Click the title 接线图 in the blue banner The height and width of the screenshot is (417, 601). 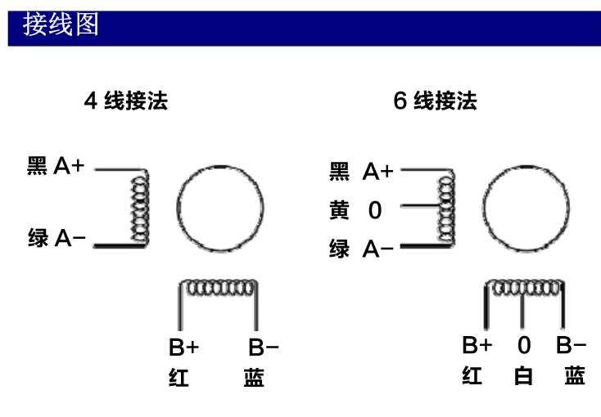61,25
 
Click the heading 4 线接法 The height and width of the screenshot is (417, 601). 126,101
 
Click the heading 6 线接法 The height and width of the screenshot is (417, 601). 435,101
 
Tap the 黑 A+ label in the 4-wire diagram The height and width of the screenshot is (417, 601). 56,165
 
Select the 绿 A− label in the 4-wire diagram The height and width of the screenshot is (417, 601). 56,238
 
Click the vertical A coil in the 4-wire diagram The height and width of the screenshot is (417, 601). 140,208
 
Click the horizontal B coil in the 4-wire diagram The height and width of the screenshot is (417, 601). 219,288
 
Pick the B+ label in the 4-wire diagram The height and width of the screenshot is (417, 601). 184,347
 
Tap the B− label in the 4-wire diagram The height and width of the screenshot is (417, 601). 264,347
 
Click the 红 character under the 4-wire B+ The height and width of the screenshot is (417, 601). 178,377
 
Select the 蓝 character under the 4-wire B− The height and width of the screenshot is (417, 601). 254,377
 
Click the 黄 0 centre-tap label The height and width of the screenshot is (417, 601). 355,210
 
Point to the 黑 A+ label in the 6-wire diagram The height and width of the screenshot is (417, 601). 361,171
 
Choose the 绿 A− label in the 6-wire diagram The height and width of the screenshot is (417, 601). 361,249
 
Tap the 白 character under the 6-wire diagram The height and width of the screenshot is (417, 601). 523,375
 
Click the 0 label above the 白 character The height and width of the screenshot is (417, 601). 524,345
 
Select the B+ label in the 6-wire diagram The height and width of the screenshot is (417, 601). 477,345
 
